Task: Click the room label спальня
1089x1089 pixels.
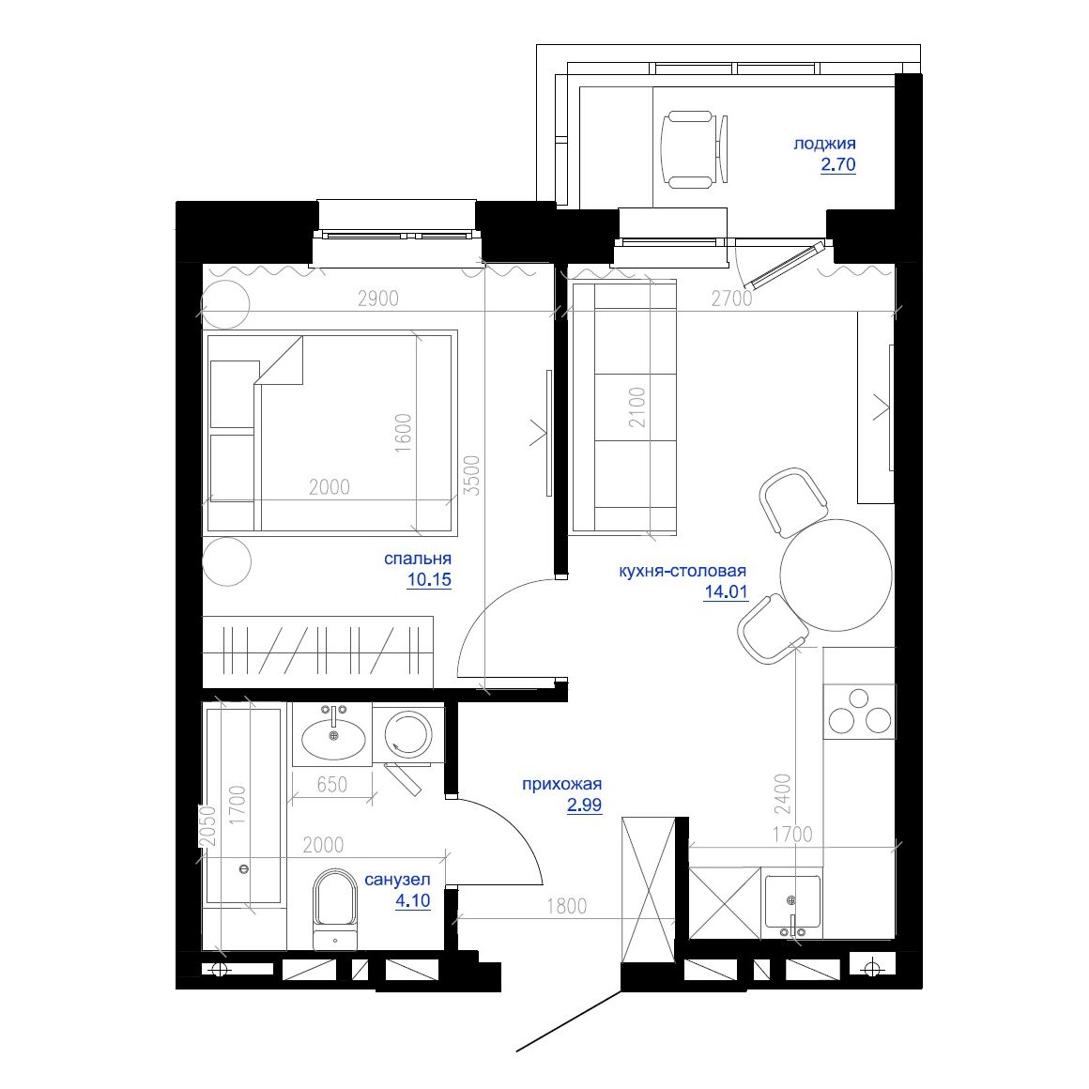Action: coord(417,559)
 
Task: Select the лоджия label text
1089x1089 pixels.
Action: coord(824,144)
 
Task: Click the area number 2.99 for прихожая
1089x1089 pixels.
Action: coord(584,805)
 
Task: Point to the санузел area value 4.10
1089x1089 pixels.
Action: coord(412,901)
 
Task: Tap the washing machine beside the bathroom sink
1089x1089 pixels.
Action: coord(409,733)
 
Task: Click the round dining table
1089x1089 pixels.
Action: coord(836,575)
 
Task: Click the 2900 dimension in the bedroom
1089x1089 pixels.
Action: coord(378,299)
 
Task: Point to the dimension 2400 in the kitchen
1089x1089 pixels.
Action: coord(783,794)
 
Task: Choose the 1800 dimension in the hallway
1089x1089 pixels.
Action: coord(565,906)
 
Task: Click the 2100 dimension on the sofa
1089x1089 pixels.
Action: coord(637,407)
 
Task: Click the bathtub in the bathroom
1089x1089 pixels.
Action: coord(243,805)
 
